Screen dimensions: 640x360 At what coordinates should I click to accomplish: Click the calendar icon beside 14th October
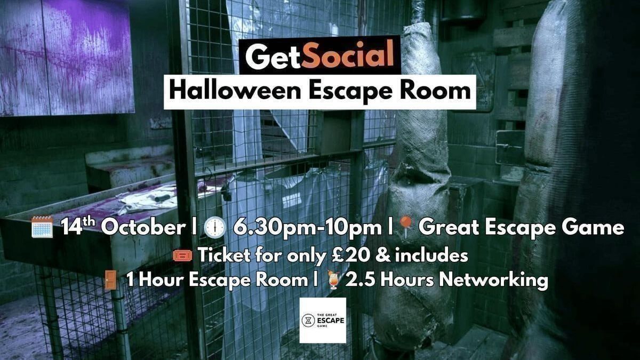[42, 227]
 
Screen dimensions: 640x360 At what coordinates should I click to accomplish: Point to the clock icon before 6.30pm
[215, 228]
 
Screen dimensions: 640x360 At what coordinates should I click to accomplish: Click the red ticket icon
[182, 255]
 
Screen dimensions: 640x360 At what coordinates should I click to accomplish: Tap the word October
[143, 227]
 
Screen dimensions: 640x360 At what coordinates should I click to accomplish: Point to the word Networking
[493, 280]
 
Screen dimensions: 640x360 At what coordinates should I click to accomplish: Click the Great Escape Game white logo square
[323, 321]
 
